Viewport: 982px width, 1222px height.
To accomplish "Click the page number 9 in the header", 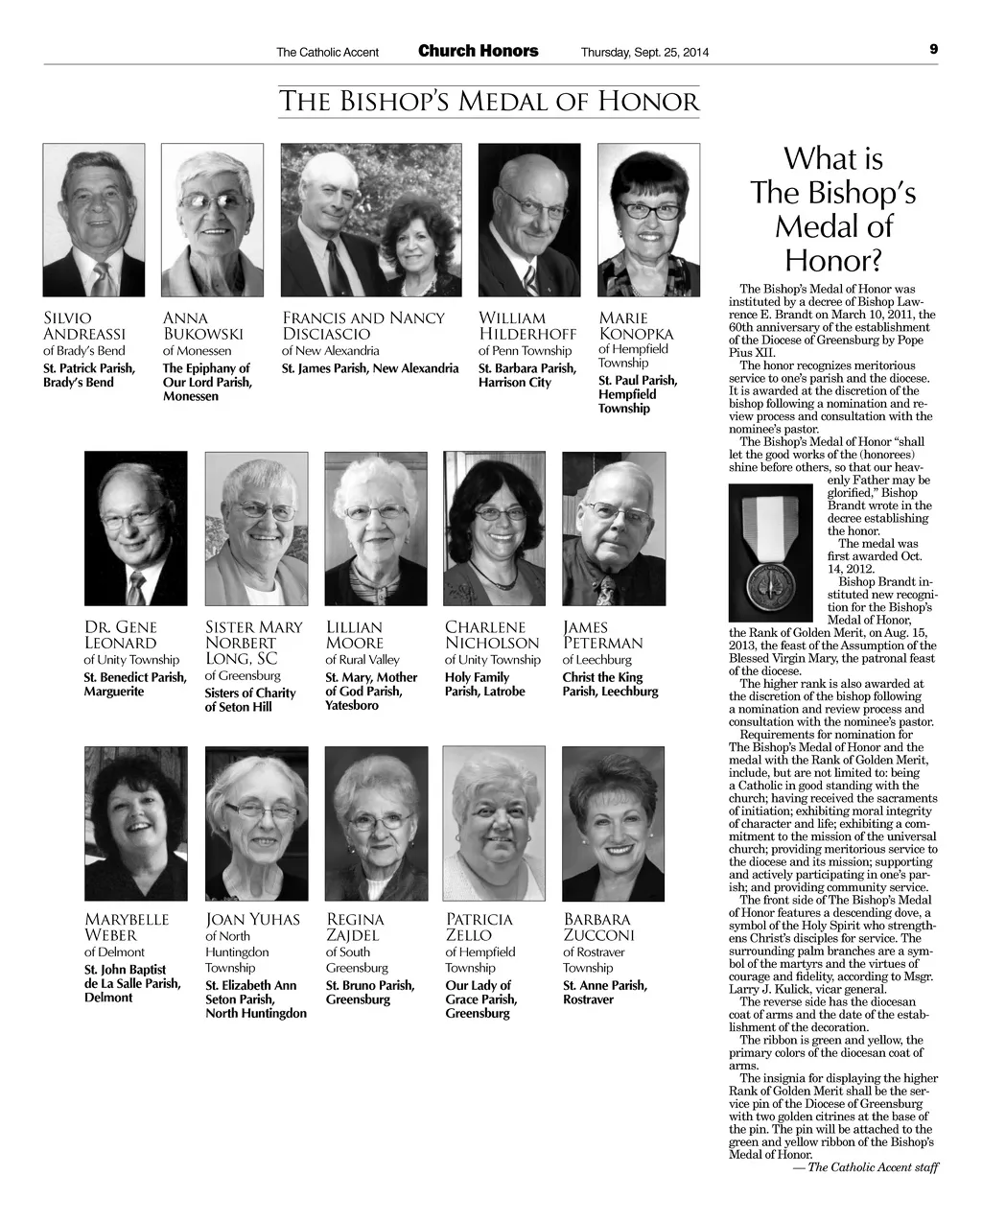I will click(933, 50).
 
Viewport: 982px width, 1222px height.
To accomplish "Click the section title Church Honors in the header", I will click(478, 51).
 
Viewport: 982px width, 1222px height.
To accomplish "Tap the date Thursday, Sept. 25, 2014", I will click(644, 52).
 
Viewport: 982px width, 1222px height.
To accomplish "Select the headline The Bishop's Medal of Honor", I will click(489, 101).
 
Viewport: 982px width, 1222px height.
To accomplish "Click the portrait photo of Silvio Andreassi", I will click(94, 220).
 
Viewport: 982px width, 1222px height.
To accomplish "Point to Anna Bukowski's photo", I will click(212, 220).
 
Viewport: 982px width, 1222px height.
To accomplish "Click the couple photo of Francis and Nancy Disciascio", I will click(371, 220).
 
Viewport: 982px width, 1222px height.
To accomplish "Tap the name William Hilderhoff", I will click(526, 326).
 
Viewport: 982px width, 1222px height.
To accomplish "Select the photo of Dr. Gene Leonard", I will click(136, 529).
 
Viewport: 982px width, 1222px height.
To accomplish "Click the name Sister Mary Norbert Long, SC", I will click(253, 643).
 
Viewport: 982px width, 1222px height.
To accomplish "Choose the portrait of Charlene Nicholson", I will click(494, 529).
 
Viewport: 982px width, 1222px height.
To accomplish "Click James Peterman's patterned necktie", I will click(605, 589).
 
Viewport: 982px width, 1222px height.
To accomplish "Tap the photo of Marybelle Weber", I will click(136, 824).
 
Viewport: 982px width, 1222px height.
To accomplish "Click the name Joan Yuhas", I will click(253, 919).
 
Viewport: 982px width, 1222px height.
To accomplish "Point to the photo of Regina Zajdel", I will click(376, 824).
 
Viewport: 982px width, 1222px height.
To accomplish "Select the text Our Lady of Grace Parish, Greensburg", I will click(481, 999).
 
